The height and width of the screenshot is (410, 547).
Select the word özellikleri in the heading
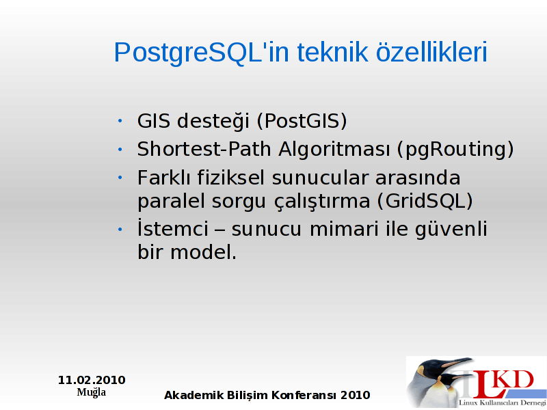pyautogui.click(x=431, y=52)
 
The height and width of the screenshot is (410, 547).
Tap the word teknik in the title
pyautogui.click(x=332, y=52)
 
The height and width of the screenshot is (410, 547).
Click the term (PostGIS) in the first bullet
pyautogui.click(x=302, y=121)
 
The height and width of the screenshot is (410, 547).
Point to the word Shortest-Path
pyautogui.click(x=204, y=149)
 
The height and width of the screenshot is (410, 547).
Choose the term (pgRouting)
pyautogui.click(x=455, y=150)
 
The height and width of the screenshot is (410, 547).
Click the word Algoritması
pyautogui.click(x=334, y=150)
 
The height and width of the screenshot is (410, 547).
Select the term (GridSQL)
pyautogui.click(x=425, y=201)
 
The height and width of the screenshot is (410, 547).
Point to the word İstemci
pyautogui.click(x=173, y=228)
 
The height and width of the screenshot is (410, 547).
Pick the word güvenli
pyautogui.click(x=451, y=230)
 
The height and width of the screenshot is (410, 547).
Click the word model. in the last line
pyautogui.click(x=203, y=251)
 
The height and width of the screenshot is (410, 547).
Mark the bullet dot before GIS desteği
pyautogui.click(x=120, y=121)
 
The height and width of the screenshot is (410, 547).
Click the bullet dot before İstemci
pyautogui.click(x=120, y=230)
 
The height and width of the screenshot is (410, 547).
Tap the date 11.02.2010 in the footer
pyautogui.click(x=92, y=380)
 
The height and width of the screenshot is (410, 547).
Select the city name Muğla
pyautogui.click(x=92, y=392)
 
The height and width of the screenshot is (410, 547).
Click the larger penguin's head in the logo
pyautogui.click(x=436, y=367)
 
